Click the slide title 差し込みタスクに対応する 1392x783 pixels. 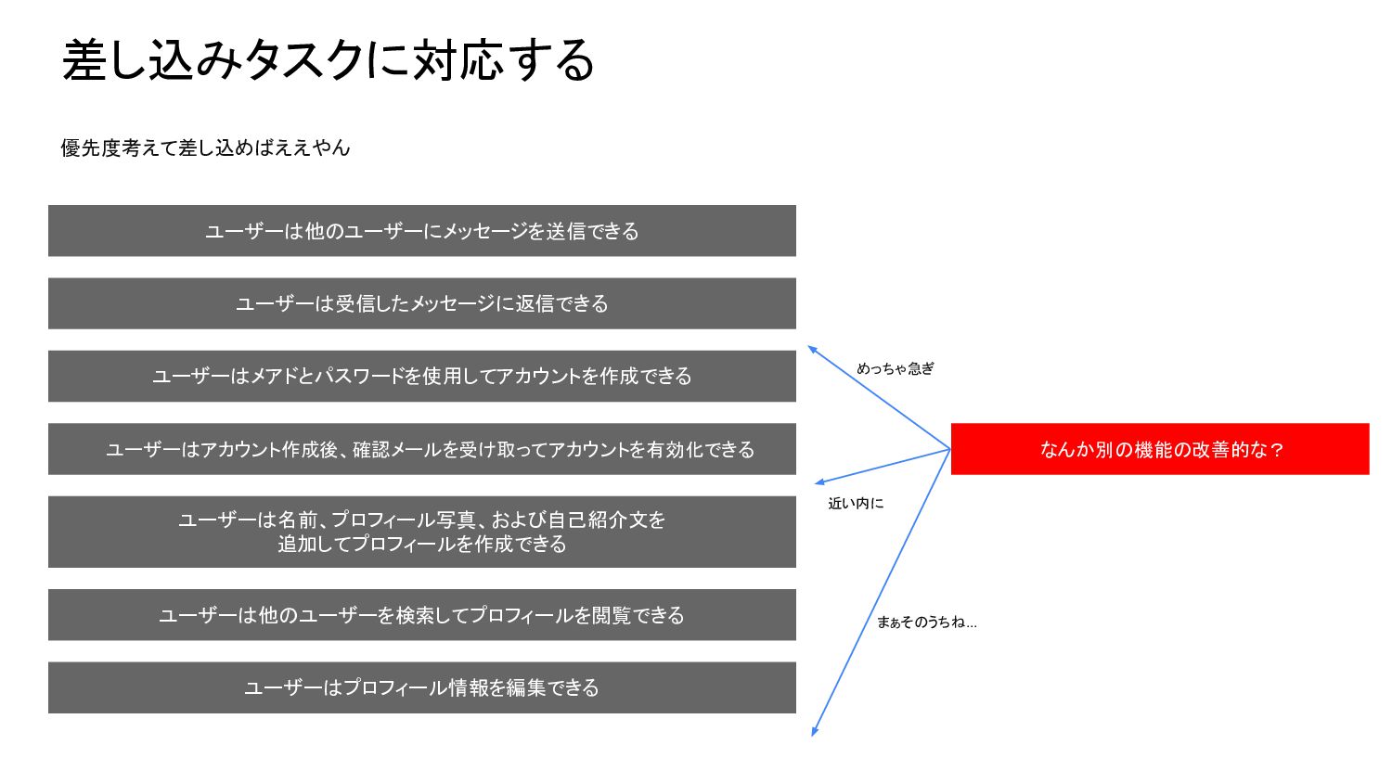[x=328, y=60]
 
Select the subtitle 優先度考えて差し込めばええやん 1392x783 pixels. [x=205, y=148]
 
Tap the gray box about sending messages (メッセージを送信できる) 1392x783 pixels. [x=421, y=231]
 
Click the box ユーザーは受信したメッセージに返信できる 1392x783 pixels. [x=421, y=303]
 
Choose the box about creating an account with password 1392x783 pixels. [x=421, y=376]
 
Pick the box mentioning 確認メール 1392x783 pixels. [x=421, y=449]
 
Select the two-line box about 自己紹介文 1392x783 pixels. [x=421, y=532]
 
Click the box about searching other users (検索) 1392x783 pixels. [x=421, y=615]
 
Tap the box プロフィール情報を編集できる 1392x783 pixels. [x=421, y=687]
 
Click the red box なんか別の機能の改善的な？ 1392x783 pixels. [x=1160, y=449]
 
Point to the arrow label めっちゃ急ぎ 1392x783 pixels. [x=896, y=368]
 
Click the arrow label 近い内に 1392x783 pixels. [x=856, y=503]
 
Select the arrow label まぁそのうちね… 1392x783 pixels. [x=926, y=622]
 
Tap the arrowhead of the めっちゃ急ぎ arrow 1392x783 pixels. [x=810, y=348]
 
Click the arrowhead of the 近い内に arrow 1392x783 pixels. [x=818, y=482]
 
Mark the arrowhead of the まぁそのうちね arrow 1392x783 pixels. [x=814, y=733]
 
